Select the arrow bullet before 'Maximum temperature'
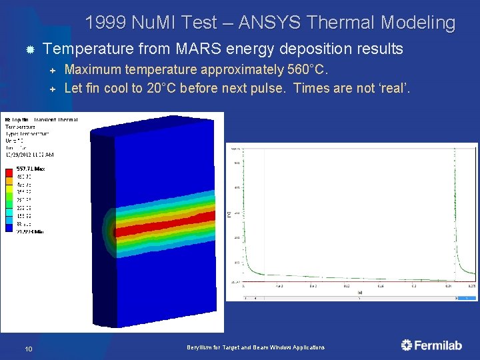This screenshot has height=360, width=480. click(x=54, y=70)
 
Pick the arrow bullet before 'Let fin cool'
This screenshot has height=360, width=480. click(x=54, y=88)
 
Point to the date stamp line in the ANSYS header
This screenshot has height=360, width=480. click(x=30, y=155)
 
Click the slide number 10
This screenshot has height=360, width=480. click(x=29, y=348)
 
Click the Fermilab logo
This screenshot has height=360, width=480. click(x=431, y=345)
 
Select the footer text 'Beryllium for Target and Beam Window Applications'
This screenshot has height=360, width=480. click(x=256, y=348)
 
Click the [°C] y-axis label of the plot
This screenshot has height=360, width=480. click(x=229, y=213)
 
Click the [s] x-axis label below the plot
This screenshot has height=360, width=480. click(x=359, y=292)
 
